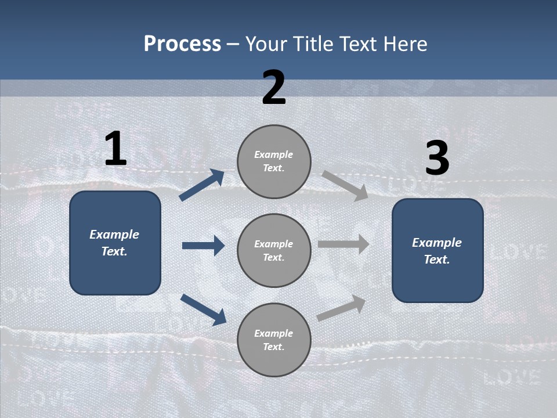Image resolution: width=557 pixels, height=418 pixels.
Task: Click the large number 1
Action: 115,149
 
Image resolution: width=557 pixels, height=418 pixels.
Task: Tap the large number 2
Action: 274,88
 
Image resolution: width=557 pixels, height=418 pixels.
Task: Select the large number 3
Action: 437,158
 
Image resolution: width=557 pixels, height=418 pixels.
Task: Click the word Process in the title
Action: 182,44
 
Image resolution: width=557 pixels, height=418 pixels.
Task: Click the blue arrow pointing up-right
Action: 202,185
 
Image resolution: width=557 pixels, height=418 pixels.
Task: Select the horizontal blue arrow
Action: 203,246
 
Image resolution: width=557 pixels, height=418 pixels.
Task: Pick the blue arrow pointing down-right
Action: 203,309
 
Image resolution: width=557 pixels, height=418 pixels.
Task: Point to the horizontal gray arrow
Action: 343,244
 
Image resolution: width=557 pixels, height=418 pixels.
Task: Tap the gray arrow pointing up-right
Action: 341,308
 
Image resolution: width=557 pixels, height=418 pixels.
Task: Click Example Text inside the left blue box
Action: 115,243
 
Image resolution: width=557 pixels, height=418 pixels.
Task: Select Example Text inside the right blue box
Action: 437,251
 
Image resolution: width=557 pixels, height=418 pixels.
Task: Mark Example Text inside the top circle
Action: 274,161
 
